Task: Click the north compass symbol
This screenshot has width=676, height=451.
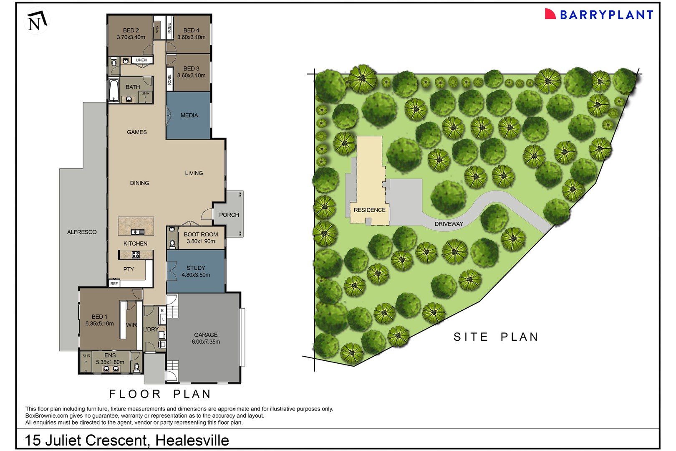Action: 37,21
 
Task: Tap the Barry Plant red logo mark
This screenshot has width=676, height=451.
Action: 550,14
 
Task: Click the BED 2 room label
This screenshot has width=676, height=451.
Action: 131,30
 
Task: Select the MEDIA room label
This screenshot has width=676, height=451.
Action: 189,115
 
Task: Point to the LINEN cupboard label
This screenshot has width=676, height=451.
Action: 141,60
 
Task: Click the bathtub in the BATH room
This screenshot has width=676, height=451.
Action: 114,90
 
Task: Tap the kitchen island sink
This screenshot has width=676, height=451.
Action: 138,232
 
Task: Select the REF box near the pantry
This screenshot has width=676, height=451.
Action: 114,284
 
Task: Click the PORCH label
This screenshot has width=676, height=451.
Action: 229,215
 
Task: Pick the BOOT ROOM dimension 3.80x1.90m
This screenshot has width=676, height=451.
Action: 201,241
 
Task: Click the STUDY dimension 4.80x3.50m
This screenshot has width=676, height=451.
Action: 196,275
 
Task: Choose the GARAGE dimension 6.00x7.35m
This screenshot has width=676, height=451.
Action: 206,342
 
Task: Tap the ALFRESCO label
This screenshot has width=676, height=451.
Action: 82,232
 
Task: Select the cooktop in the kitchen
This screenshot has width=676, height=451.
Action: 136,255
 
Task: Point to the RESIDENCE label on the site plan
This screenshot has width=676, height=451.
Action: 370,210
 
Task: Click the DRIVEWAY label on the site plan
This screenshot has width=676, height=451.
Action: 449,224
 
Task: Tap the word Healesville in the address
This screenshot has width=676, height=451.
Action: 192,440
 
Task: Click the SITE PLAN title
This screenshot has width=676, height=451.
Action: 496,337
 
